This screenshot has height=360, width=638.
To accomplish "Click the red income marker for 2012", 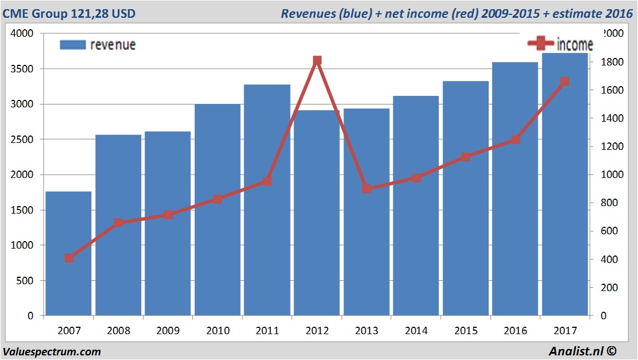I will click(317, 60).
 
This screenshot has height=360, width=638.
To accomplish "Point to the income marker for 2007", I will click(69, 258).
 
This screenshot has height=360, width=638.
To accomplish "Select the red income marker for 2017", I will click(564, 82).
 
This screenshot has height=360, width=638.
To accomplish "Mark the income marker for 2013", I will click(367, 188).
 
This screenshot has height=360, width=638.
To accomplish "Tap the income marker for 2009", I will click(168, 215).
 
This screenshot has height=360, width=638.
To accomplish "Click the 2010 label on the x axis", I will click(218, 331).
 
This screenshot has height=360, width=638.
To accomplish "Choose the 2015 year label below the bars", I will click(466, 331).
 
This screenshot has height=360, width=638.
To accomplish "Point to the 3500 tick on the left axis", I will click(23, 69).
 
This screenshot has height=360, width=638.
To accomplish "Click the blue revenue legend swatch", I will click(72, 45).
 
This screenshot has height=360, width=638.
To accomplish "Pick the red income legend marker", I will click(540, 44).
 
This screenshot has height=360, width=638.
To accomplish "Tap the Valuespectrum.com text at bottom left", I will click(52, 351).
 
